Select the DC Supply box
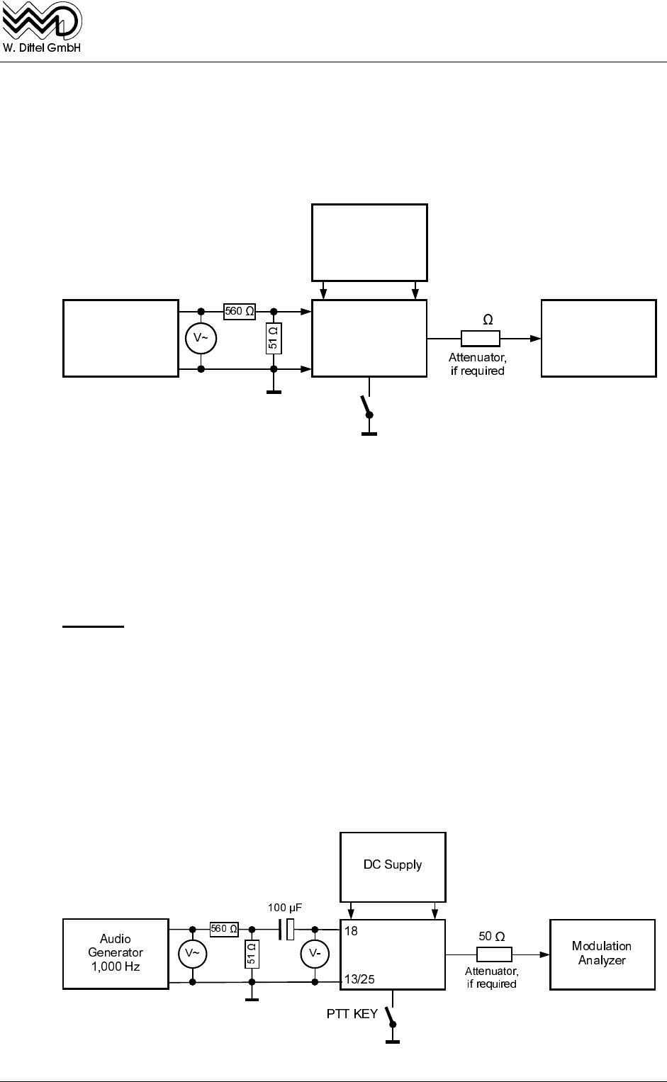coord(393,864)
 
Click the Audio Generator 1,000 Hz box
coord(116,953)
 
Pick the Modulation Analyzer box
coord(602,953)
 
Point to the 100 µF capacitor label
coord(286,908)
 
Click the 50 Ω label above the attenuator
coord(491,936)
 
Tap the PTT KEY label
coord(352,1014)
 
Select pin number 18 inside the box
coord(351,931)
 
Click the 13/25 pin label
coord(359,979)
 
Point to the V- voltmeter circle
coord(315,955)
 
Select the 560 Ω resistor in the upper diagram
coord(239,310)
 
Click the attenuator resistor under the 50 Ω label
coord(494,954)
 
